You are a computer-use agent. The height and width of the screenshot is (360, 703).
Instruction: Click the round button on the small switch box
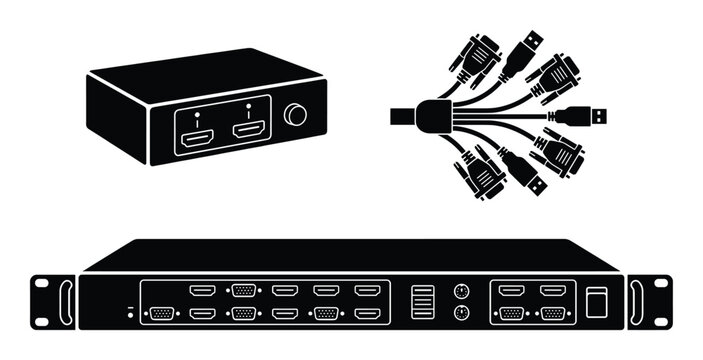coord(295,116)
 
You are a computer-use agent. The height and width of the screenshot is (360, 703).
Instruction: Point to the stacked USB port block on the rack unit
coord(419,301)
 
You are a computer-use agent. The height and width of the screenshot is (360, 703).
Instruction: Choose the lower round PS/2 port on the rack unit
coord(461,313)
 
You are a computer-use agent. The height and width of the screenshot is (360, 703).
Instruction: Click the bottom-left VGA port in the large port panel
coord(159,314)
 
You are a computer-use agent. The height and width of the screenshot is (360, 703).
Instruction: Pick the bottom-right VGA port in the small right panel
coord(552,314)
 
